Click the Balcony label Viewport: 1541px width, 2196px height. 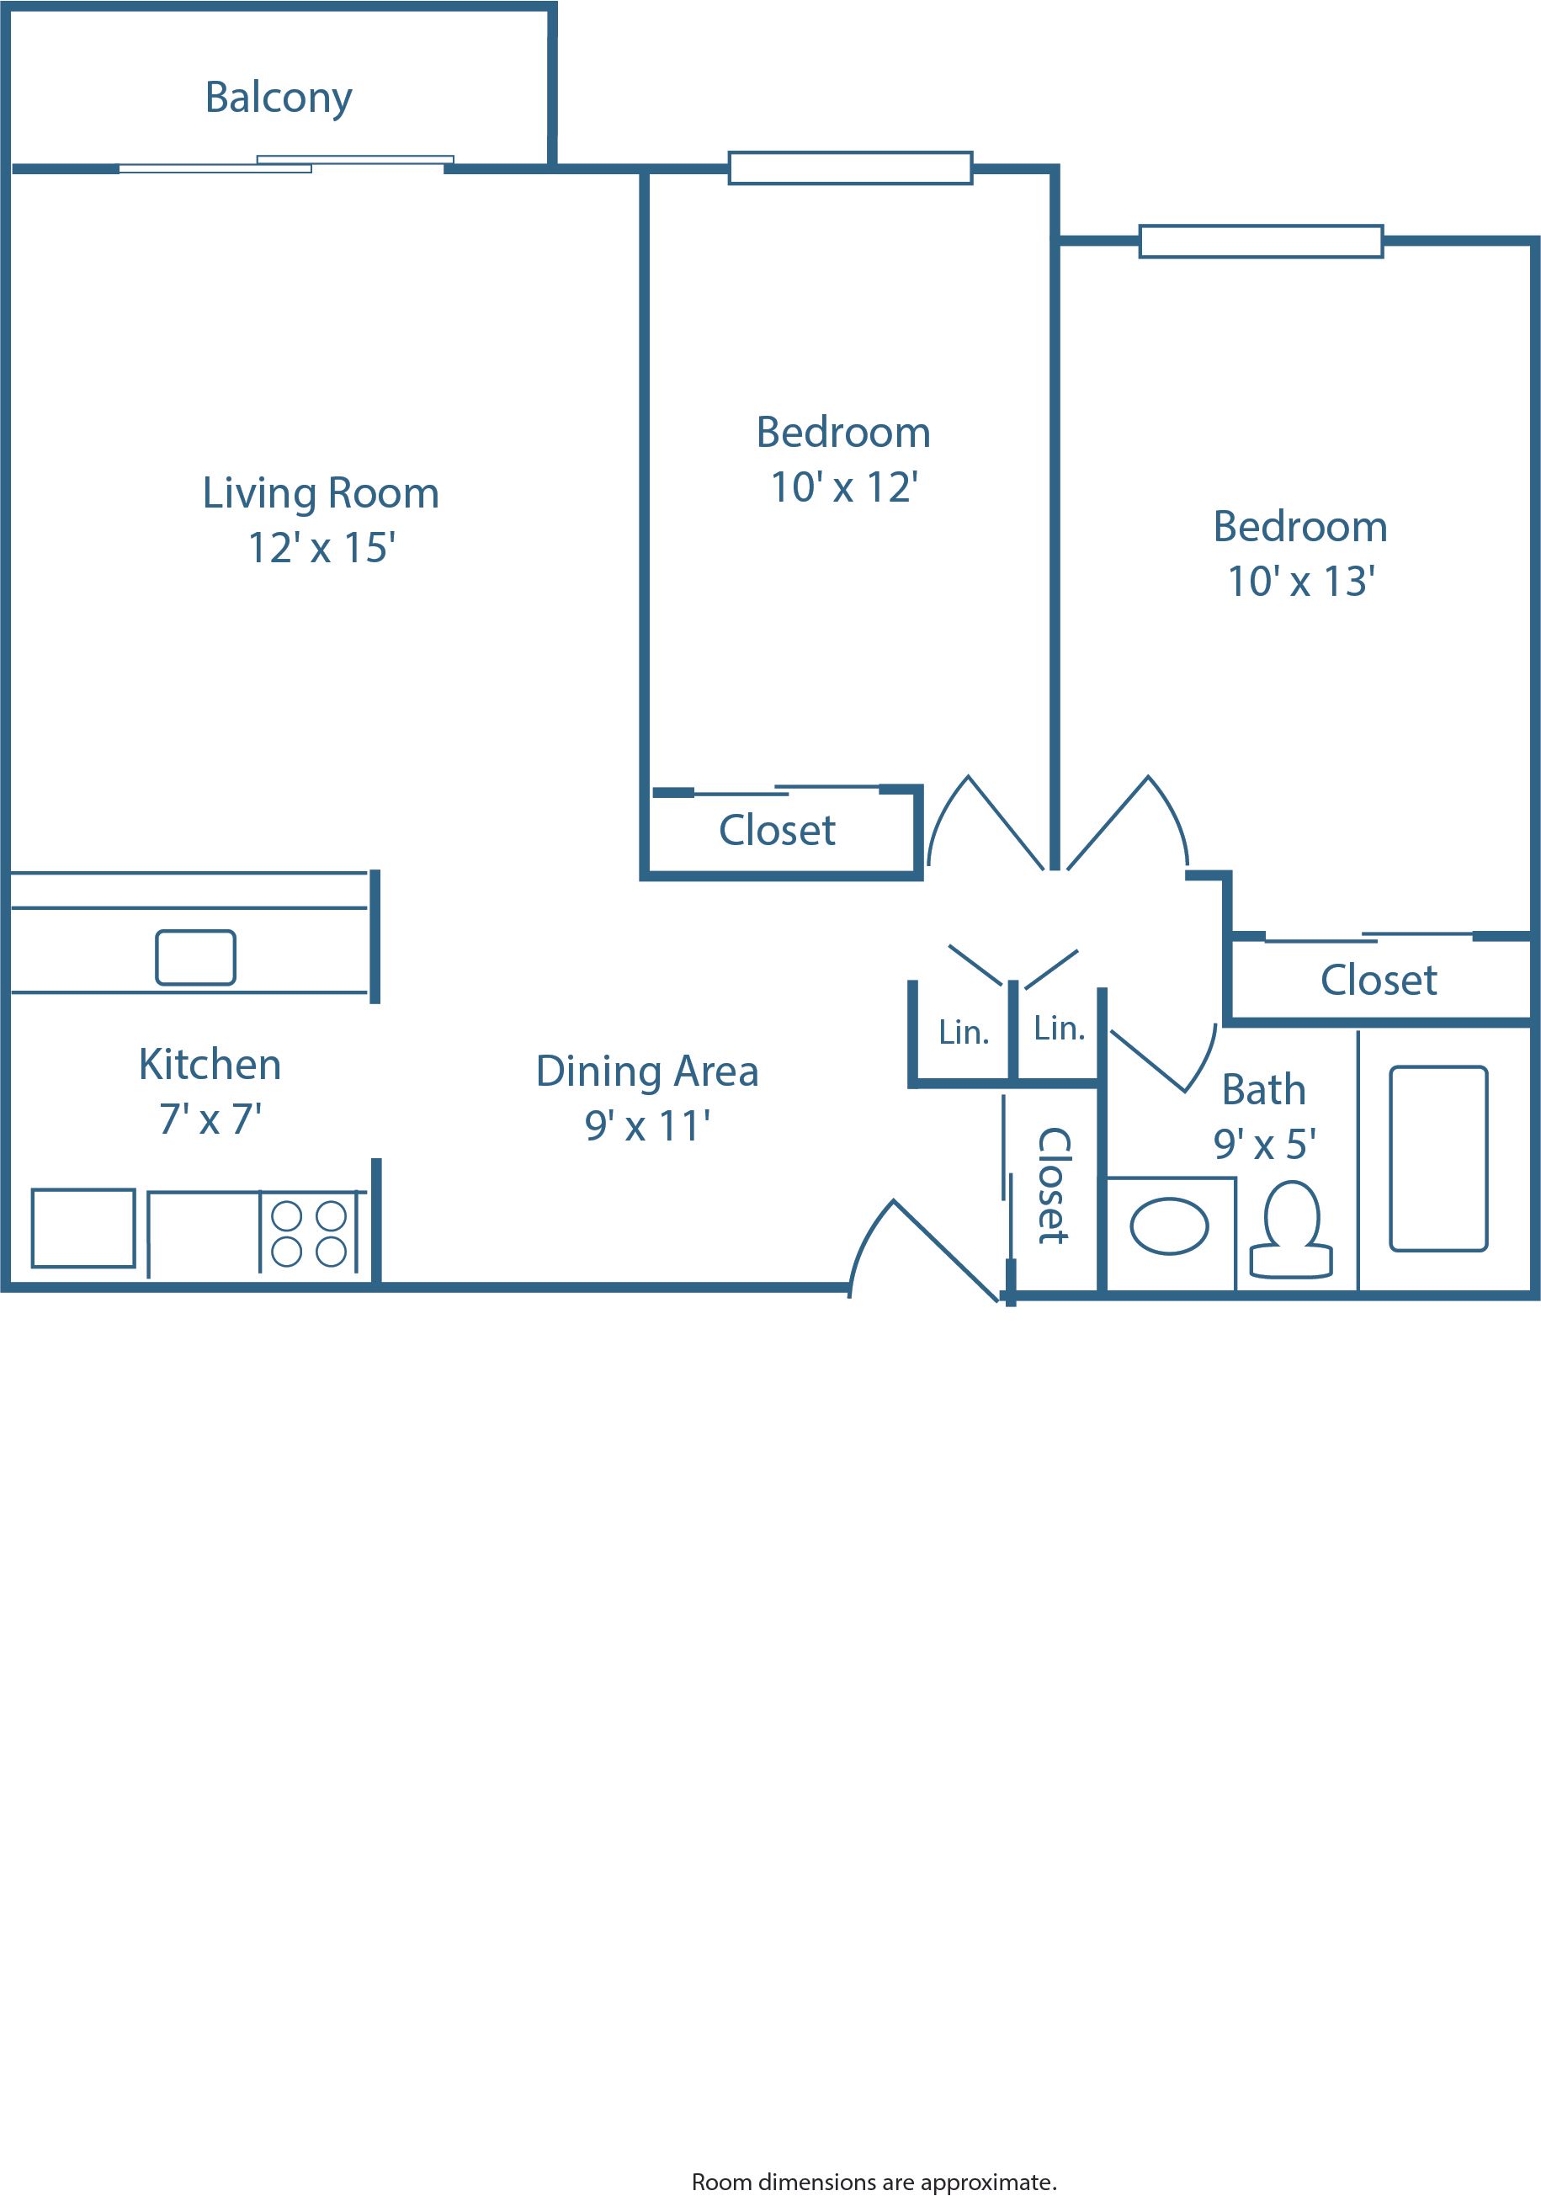(x=279, y=98)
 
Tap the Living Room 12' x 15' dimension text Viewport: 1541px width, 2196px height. (x=321, y=548)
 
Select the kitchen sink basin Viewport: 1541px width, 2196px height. (x=195, y=957)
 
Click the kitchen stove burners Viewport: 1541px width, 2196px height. (x=308, y=1234)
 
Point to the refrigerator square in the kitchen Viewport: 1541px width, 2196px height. (x=83, y=1228)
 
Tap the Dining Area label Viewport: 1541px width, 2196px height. (x=646, y=1071)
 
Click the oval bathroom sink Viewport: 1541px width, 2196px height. (x=1169, y=1227)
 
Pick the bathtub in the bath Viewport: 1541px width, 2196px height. (x=1437, y=1158)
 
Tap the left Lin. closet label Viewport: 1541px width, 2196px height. (x=964, y=1033)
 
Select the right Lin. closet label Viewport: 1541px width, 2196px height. (x=1059, y=1029)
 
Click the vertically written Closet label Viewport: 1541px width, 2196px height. (x=1053, y=1186)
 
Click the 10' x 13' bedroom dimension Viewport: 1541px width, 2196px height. (x=1301, y=582)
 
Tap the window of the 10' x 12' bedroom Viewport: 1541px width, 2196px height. (x=849, y=167)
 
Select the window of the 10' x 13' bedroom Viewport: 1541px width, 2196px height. (x=1260, y=241)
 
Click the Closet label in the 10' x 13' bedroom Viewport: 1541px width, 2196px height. (x=1379, y=981)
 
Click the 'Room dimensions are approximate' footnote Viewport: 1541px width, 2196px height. (x=874, y=2182)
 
